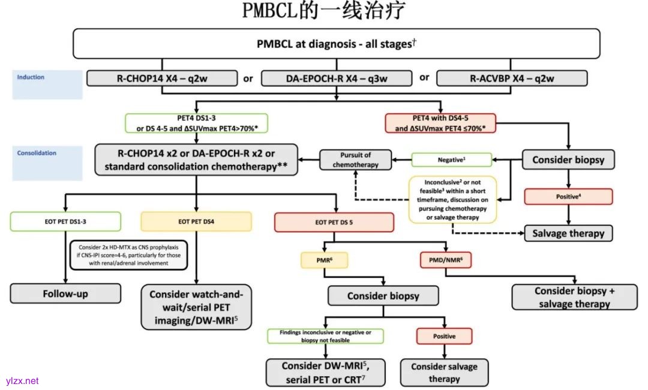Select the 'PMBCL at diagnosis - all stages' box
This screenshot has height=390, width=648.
(336, 44)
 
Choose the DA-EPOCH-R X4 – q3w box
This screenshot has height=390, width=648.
(337, 78)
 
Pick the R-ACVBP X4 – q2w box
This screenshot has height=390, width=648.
(512, 78)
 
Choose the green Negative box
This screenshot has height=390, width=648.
(451, 159)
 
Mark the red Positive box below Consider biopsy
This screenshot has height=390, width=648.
(568, 196)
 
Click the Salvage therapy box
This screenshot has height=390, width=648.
(568, 233)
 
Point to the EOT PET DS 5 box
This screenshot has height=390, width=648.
(334, 222)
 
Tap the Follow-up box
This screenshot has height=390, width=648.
(65, 294)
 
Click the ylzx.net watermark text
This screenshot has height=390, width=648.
(22, 380)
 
